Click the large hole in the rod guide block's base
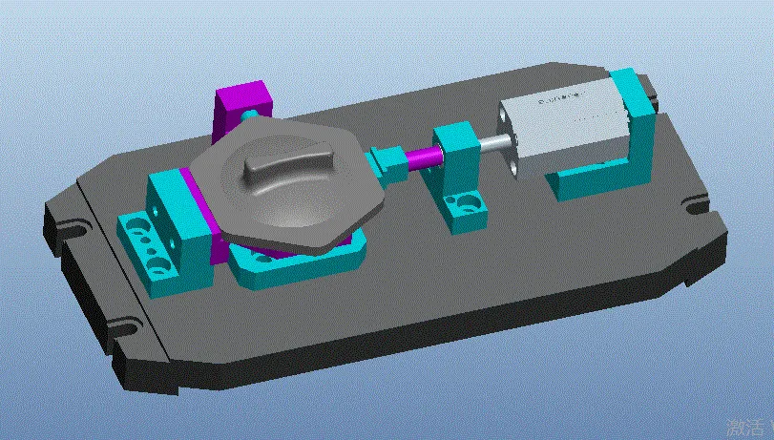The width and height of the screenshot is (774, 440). [x=468, y=202]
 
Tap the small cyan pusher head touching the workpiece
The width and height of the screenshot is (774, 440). [x=387, y=159]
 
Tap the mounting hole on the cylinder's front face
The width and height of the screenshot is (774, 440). [x=516, y=168]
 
